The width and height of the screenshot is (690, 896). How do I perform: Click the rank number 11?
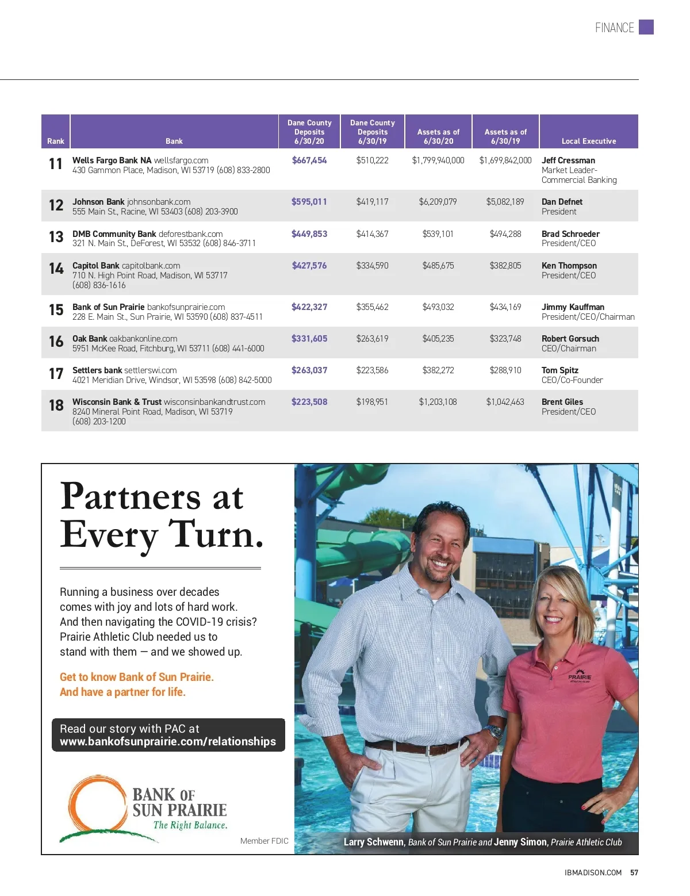point(56,164)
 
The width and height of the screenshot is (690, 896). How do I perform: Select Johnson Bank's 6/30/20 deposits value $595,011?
point(309,202)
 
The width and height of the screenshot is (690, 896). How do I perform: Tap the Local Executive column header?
point(588,141)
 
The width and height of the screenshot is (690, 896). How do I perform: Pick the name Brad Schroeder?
point(570,234)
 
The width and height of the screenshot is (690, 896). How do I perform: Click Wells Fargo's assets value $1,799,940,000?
point(438,160)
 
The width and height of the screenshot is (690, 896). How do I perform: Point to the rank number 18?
point(56,405)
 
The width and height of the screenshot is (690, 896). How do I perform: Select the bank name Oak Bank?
point(90,339)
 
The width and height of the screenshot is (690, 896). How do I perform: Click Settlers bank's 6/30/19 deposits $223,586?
point(372,370)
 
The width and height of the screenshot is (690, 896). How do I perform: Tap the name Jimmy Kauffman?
point(573,307)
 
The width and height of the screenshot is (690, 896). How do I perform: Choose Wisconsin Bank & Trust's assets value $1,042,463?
point(505,402)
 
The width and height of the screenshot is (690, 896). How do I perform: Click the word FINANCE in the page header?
point(614,28)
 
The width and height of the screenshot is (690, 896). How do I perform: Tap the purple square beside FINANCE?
point(646,27)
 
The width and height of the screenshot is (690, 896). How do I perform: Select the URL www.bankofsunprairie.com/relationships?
point(168,742)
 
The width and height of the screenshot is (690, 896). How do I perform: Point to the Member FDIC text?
point(264,841)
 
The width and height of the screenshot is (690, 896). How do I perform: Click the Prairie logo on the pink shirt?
point(579,676)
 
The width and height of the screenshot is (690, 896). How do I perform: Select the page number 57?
point(634,872)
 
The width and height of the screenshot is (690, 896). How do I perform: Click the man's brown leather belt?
point(414,748)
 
